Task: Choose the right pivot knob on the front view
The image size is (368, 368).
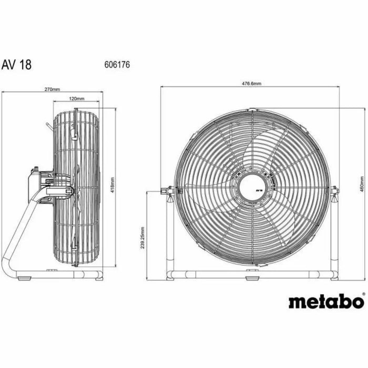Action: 335,190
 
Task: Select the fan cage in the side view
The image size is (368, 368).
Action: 78,187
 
